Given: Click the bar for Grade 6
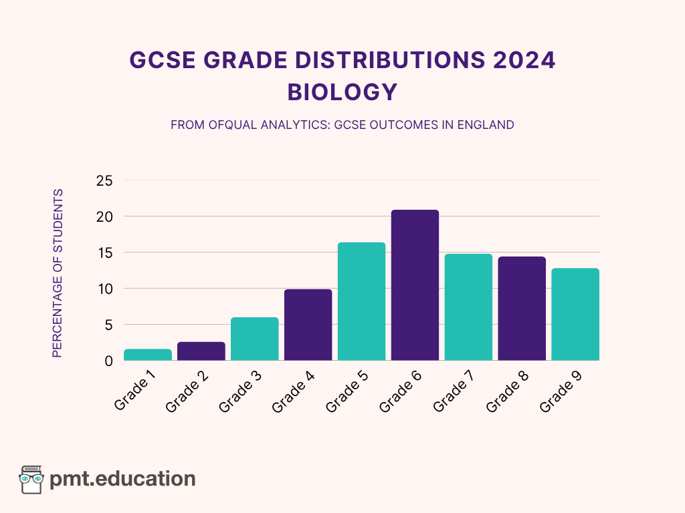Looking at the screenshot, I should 415,285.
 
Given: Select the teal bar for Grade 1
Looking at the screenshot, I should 147,355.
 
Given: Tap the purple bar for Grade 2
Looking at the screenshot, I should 201,351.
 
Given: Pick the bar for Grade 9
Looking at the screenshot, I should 575,314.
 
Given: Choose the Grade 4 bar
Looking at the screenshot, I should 308,325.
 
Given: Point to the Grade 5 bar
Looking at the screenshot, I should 361,301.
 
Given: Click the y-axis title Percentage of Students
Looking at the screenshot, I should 58,273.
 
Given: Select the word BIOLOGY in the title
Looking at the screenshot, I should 342,92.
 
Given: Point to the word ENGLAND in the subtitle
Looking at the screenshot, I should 486,125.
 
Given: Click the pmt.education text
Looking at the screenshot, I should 122,478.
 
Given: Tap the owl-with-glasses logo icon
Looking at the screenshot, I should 31,479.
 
